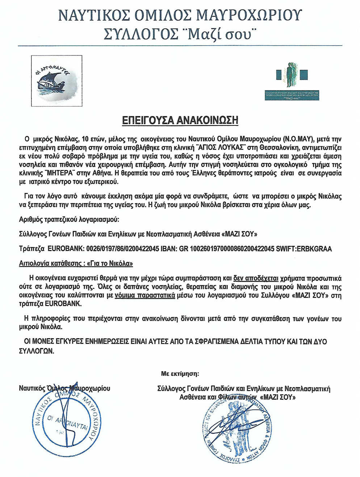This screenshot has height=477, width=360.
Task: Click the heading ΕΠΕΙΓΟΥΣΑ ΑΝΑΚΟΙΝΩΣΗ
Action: (179, 120)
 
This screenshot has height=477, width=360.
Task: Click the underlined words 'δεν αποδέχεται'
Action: (256, 278)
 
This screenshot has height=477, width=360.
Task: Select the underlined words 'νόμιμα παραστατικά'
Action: (145, 295)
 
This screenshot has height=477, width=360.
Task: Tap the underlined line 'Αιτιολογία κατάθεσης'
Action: (76, 264)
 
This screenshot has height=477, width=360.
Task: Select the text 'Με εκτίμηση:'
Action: (180, 373)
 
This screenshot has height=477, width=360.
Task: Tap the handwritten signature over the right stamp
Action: (235, 424)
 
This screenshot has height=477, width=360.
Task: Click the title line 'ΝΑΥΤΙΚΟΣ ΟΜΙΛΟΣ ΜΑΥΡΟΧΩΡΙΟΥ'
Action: (180, 15)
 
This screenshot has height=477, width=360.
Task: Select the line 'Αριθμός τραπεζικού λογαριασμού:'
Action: (69, 220)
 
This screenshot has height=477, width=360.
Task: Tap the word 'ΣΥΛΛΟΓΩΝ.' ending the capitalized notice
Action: (36, 351)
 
